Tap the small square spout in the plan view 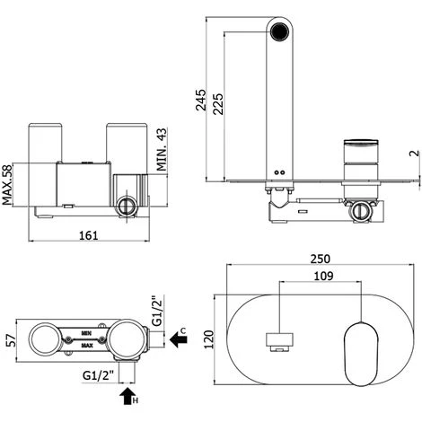[x=281, y=339]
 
